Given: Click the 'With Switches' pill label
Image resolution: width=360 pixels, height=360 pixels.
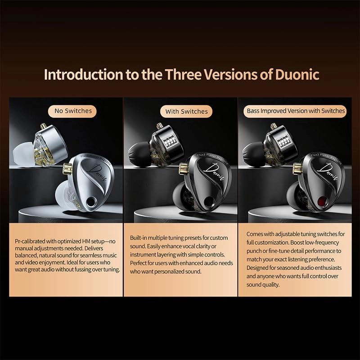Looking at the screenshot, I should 186,111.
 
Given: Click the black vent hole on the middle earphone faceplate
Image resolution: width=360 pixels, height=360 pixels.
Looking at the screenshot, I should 208,201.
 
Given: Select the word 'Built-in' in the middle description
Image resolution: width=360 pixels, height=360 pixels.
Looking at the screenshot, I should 140,238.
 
